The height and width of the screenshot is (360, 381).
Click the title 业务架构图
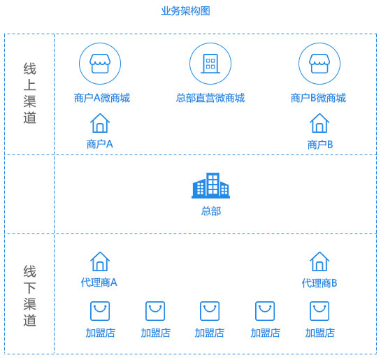(x=186, y=11)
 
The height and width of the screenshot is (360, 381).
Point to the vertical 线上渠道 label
(x=29, y=93)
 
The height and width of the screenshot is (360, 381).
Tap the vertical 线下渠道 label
(x=29, y=296)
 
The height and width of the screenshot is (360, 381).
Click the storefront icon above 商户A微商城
(x=100, y=64)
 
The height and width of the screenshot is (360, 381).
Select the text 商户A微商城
(x=102, y=98)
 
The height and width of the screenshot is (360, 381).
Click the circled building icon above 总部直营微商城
(x=210, y=64)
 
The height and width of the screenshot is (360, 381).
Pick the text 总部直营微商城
(x=210, y=98)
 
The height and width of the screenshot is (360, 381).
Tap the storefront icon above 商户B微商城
(x=319, y=64)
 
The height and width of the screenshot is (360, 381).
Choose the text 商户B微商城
(x=318, y=98)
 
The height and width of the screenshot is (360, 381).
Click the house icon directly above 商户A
(x=100, y=123)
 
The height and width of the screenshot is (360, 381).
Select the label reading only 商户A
(x=100, y=144)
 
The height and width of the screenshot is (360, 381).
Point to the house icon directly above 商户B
(x=319, y=123)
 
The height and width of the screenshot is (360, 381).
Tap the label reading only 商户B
(x=320, y=145)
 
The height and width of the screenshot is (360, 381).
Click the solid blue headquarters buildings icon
(x=210, y=185)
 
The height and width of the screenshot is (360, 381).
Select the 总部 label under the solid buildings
(x=211, y=211)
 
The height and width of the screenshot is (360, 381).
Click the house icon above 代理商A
(x=100, y=261)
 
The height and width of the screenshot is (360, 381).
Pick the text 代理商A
(x=99, y=282)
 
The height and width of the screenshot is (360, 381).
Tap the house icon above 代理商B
(x=319, y=261)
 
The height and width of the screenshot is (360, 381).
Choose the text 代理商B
(x=319, y=283)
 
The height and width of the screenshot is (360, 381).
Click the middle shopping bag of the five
(x=210, y=311)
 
